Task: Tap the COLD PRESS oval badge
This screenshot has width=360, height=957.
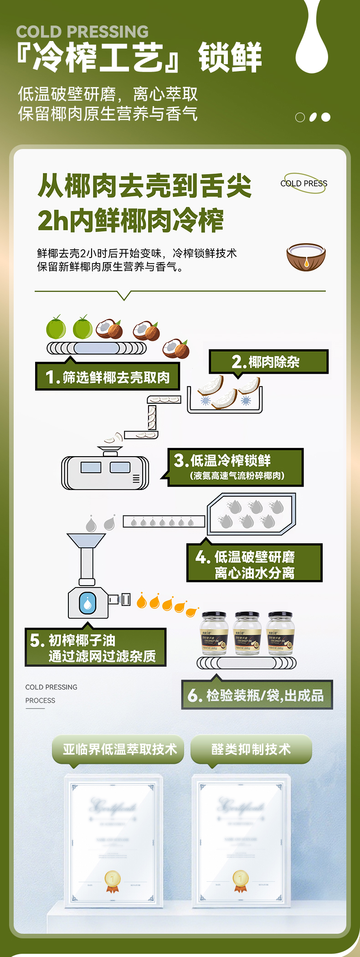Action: coord(304,183)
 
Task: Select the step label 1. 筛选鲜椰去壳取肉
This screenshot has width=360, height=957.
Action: coord(108,377)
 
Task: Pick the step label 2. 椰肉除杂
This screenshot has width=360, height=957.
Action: coord(268,362)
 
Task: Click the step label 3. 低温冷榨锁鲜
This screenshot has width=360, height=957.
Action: coord(235,467)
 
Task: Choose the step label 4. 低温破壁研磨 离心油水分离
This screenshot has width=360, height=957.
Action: coord(254,564)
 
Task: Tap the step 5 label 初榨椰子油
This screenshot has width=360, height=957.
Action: coord(95,648)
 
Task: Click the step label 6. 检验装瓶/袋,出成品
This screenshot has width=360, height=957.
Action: coord(257,695)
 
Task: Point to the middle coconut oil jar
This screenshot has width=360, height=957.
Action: coord(247,633)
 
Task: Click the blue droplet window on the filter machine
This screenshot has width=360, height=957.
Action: coord(87,603)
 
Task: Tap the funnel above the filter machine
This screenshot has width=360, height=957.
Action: coord(86,541)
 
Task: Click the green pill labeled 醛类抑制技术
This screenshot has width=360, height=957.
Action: coord(251,749)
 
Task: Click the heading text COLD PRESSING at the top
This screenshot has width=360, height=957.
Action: coord(82,31)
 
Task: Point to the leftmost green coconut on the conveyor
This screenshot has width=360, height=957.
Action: coord(56,328)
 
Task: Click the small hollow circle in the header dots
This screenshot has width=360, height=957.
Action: coord(300,118)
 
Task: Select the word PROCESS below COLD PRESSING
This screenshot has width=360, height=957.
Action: coord(40,700)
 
